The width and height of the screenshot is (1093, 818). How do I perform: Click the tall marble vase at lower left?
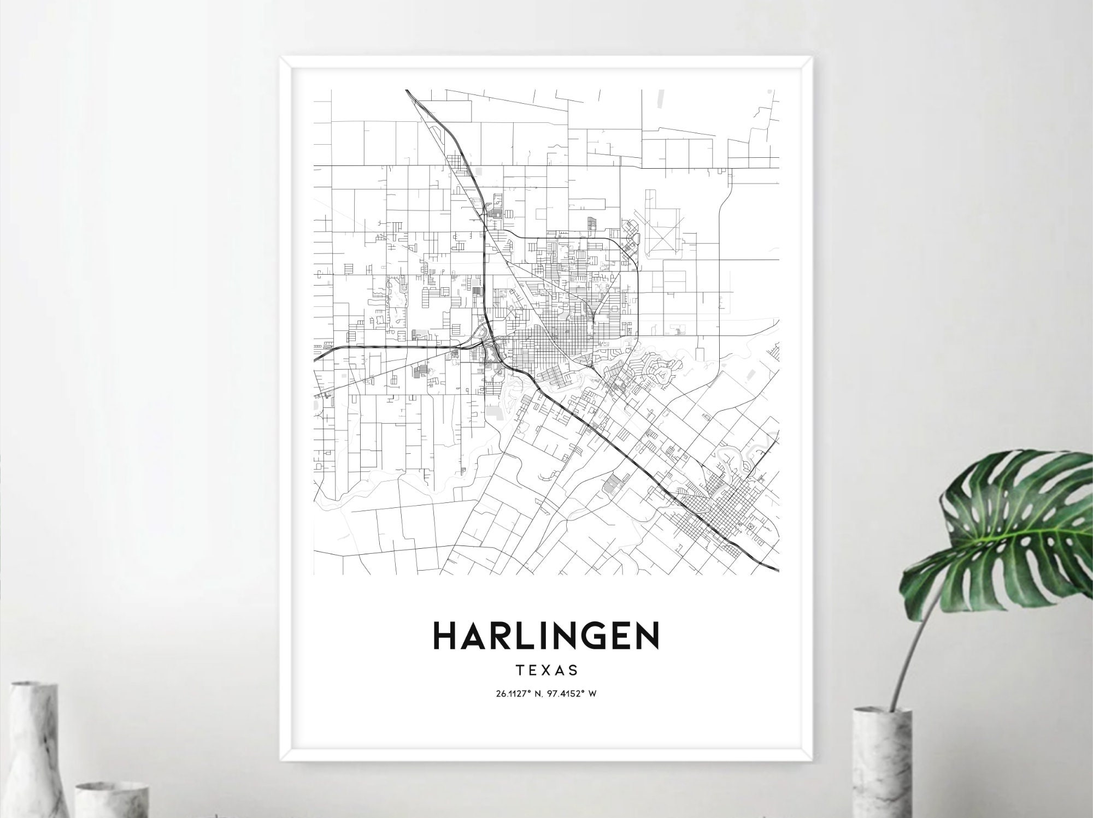33,754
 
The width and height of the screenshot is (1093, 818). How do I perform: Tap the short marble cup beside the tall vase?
112,800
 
